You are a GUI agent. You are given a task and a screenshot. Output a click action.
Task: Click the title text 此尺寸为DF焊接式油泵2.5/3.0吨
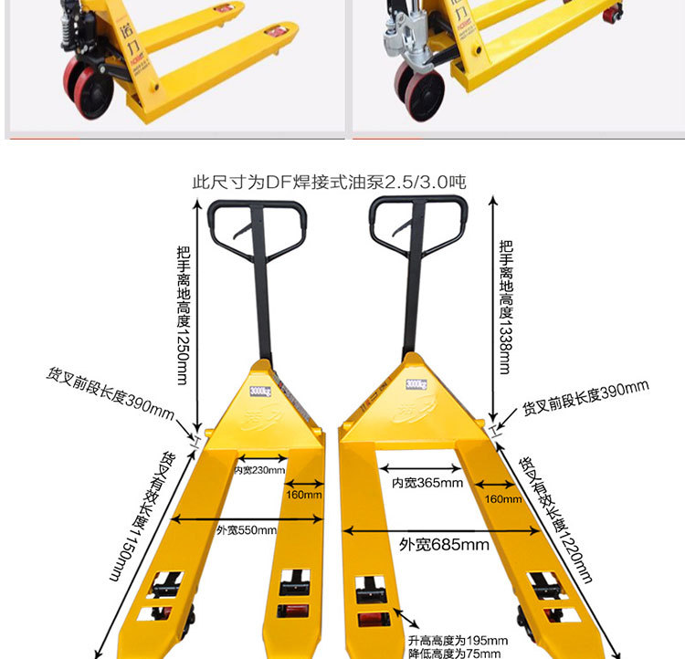(329, 183)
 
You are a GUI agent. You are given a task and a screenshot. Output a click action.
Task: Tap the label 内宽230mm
(259, 471)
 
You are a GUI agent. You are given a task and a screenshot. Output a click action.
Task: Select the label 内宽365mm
(427, 482)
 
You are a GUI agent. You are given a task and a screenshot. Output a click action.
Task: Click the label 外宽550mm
(247, 530)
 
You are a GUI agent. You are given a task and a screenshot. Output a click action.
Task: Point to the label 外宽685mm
(444, 545)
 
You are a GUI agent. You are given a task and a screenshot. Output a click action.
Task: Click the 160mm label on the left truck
(303, 496)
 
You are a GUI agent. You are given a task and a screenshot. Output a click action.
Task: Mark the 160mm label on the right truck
(504, 499)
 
